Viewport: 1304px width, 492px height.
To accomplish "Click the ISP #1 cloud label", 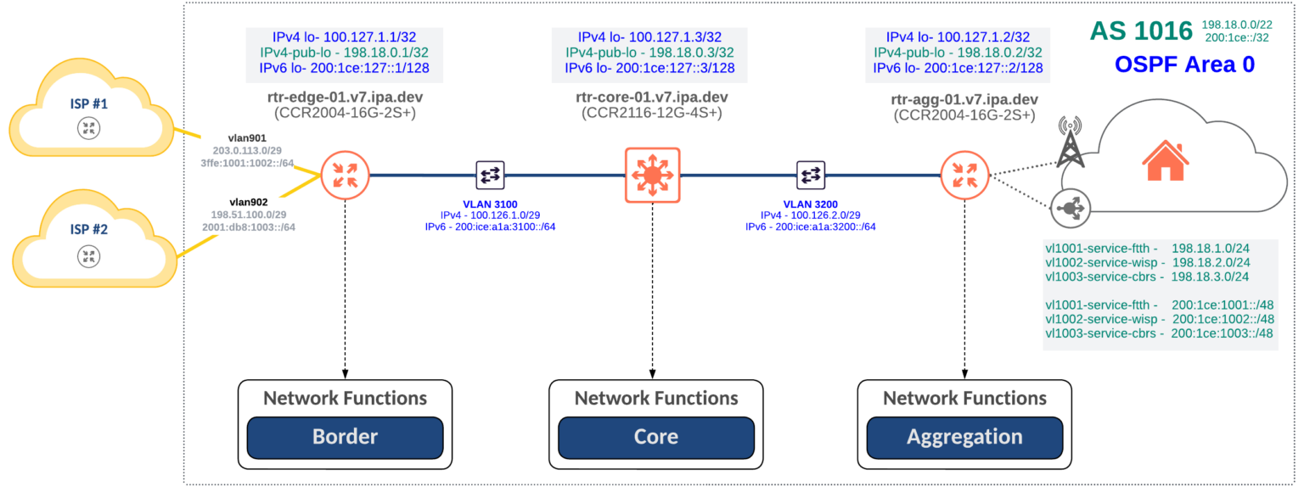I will [87, 103].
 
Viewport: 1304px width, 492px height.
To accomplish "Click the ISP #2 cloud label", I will [87, 229].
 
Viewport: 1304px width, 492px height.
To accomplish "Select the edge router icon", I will [345, 176].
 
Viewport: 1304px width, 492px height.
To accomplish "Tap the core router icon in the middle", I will [652, 176].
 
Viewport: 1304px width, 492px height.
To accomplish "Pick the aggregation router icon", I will [964, 176].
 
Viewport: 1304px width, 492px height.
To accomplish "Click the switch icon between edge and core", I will [491, 176].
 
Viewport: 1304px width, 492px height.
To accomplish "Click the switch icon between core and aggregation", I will [811, 176].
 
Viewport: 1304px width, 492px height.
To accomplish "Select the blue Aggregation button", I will [964, 437].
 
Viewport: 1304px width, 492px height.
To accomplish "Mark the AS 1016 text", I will [1140, 31].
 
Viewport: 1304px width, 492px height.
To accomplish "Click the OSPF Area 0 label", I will [1183, 64].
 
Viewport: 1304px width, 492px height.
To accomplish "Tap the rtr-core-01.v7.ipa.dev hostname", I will [651, 98].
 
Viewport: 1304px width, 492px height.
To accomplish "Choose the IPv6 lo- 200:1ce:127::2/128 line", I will [958, 68].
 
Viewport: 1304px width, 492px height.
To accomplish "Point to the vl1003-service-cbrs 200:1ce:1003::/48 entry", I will [1159, 333].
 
